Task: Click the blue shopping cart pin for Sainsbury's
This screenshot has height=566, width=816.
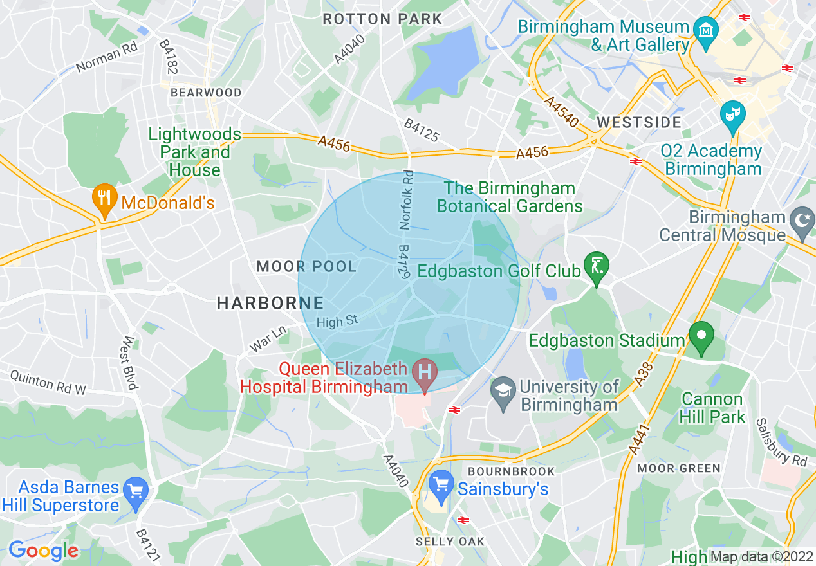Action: [441, 486]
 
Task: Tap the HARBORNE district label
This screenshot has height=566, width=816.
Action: [270, 303]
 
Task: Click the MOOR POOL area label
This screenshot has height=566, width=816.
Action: [306, 266]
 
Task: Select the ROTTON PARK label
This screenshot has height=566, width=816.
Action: [382, 19]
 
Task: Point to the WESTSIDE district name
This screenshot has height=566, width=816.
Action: [638, 122]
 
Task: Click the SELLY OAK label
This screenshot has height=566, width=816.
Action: [450, 542]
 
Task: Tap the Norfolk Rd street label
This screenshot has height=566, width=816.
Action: [406, 199]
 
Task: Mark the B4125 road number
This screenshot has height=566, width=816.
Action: [422, 131]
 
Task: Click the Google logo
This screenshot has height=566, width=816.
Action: [43, 551]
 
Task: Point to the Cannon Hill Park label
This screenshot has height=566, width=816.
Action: [713, 408]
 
